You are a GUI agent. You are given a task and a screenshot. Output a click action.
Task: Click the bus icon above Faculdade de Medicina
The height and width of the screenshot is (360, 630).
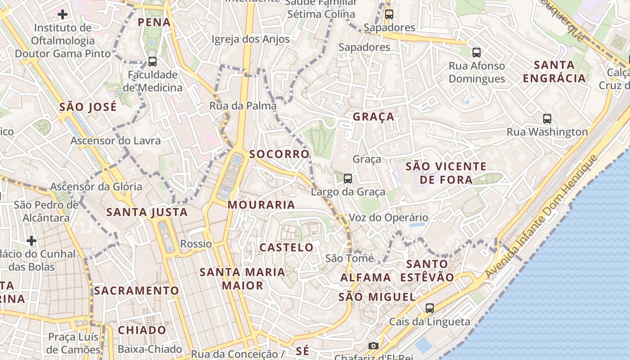(153, 62)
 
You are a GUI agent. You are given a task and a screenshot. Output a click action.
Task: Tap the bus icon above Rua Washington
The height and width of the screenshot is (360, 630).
(547, 119)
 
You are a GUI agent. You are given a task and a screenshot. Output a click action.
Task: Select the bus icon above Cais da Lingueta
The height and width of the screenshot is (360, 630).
(430, 308)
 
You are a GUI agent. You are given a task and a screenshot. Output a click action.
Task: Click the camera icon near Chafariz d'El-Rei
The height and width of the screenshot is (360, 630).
(373, 346)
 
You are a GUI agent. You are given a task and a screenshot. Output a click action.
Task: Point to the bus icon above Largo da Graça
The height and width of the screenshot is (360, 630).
(348, 179)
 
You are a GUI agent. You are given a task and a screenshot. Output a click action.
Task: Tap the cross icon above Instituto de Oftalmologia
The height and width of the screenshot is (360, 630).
(63, 14)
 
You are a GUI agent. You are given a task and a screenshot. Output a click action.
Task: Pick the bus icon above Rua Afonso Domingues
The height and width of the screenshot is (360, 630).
(477, 53)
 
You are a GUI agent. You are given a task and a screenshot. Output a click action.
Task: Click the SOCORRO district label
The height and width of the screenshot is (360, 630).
(279, 154)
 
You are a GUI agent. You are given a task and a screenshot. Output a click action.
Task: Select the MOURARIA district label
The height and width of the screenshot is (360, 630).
(261, 205)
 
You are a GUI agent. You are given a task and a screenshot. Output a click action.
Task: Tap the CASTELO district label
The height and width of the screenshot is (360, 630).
(287, 247)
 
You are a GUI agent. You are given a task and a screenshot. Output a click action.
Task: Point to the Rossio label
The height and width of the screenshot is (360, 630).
(196, 244)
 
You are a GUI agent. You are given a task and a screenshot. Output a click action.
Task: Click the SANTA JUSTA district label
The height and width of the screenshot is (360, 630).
(147, 212)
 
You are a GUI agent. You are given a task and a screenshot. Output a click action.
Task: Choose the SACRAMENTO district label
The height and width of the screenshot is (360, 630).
(136, 290)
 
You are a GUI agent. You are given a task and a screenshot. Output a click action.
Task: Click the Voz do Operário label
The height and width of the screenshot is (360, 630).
(388, 218)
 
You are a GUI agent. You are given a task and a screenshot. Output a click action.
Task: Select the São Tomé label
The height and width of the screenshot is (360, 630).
(350, 258)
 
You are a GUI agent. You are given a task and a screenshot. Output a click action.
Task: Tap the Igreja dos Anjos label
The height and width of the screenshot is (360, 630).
(251, 39)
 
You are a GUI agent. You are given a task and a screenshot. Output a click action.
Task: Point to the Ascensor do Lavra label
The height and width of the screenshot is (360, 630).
(116, 140)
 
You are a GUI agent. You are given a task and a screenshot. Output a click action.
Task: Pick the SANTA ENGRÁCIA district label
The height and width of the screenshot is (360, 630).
(554, 71)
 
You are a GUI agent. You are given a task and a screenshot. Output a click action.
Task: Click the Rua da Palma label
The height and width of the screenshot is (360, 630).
(243, 106)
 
